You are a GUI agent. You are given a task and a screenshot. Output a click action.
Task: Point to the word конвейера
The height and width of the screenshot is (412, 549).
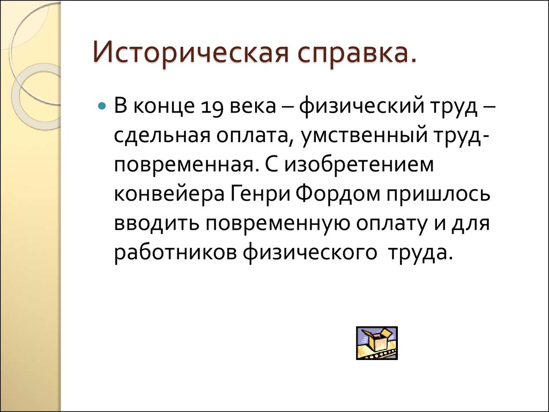pyautogui.click(x=170, y=193)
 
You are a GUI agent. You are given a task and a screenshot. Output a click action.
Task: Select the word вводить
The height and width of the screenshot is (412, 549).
pyautogui.click(x=153, y=223)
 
